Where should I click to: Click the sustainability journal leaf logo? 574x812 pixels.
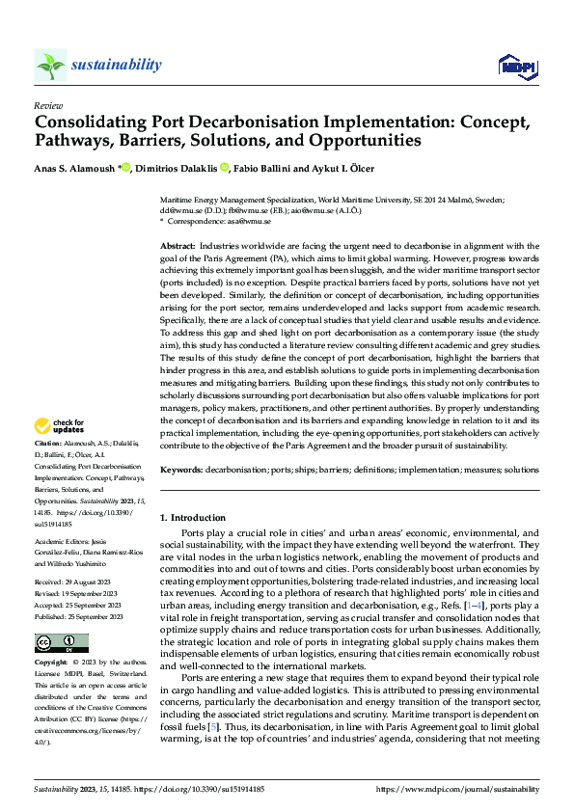point(50,65)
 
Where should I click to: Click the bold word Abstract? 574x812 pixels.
point(177,248)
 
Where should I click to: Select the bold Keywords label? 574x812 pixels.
point(180,470)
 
